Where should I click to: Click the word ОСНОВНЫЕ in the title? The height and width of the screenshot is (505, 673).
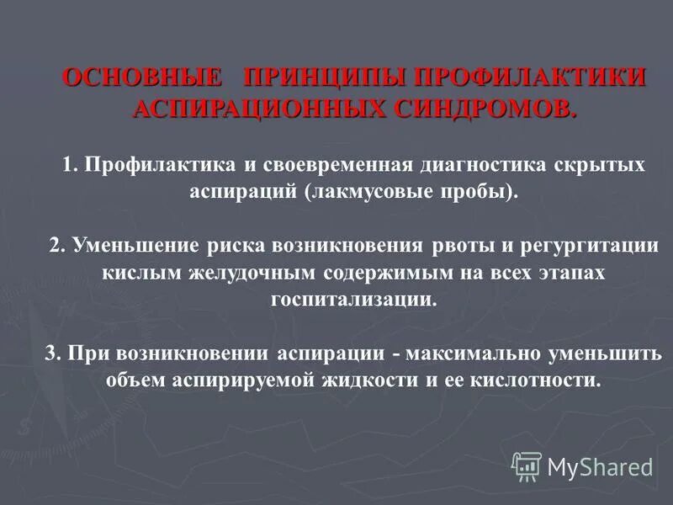pos(143,78)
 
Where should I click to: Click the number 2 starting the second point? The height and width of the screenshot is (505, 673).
pos(55,246)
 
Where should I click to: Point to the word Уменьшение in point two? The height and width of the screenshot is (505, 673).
pos(127,246)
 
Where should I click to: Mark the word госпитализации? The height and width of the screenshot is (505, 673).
pos(354,300)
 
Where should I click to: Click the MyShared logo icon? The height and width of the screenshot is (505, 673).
pos(527,465)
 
